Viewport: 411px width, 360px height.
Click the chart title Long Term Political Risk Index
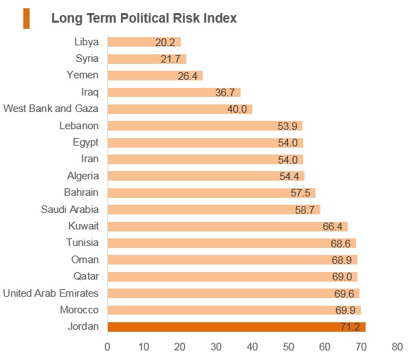click(144, 19)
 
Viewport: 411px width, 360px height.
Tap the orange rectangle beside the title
click(26, 19)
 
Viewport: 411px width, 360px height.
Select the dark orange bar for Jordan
click(236, 327)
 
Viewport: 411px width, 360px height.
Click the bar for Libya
click(144, 42)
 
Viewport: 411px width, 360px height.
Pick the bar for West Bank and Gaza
click(180, 109)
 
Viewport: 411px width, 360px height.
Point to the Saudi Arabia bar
click(214, 210)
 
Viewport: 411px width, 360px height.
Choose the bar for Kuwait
click(227, 227)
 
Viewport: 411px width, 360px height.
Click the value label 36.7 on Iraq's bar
click(225, 93)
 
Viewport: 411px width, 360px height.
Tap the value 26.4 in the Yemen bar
click(188, 76)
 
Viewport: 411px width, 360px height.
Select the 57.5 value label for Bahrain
click(300, 193)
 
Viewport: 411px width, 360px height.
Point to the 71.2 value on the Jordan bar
click(351, 327)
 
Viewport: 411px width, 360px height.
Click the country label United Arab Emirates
click(51, 293)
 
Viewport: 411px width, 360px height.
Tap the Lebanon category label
click(79, 126)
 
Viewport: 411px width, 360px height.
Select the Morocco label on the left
click(79, 310)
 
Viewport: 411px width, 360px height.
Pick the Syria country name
click(87, 58)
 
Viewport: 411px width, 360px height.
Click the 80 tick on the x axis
click(397, 347)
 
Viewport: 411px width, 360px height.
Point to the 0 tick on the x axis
click(107, 347)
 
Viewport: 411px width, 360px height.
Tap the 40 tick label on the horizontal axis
click(252, 347)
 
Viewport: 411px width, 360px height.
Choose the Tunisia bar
click(232, 243)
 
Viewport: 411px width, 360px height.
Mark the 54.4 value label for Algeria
click(289, 177)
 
